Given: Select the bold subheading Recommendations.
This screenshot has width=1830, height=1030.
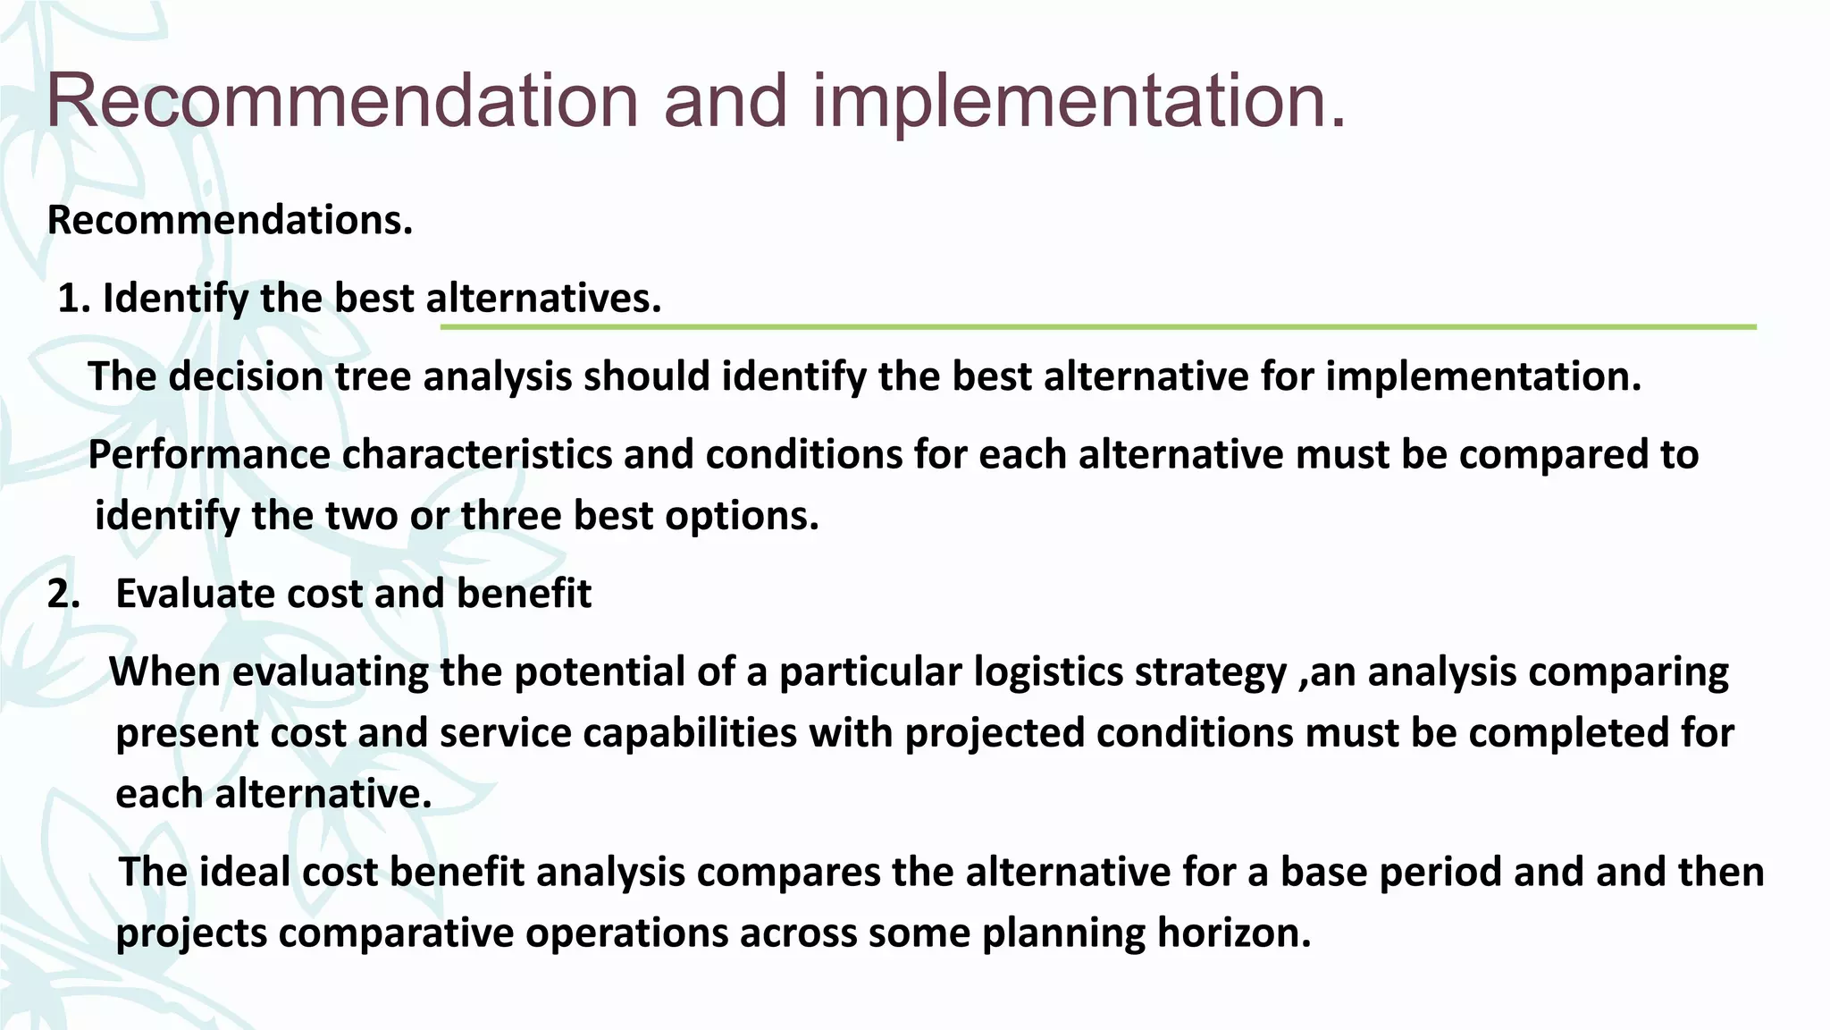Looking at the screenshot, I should [230, 220].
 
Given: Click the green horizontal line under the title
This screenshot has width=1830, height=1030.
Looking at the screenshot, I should [1097, 327].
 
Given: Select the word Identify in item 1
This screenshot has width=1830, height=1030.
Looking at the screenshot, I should [174, 299].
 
